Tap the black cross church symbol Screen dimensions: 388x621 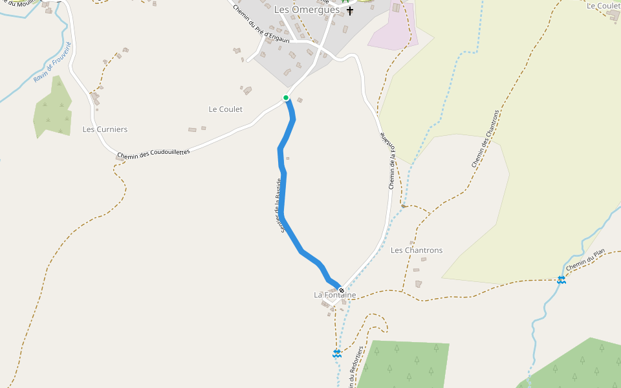click(x=350, y=10)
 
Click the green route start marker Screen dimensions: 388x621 click(x=286, y=98)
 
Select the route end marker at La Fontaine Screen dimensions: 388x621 click(x=342, y=290)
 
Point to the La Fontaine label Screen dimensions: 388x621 click(x=334, y=295)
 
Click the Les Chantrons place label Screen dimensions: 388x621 click(x=417, y=250)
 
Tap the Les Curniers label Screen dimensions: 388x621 click(x=105, y=129)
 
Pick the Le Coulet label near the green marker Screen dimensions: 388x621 click(x=225, y=109)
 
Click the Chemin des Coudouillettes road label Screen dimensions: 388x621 click(x=153, y=153)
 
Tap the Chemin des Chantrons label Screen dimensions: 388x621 click(x=486, y=138)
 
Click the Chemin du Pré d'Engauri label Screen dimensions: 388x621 click(x=261, y=26)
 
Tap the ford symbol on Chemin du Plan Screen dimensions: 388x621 click(x=561, y=279)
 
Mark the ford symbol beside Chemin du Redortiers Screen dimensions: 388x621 click(x=337, y=353)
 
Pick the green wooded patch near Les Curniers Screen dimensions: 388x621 click(x=52, y=109)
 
